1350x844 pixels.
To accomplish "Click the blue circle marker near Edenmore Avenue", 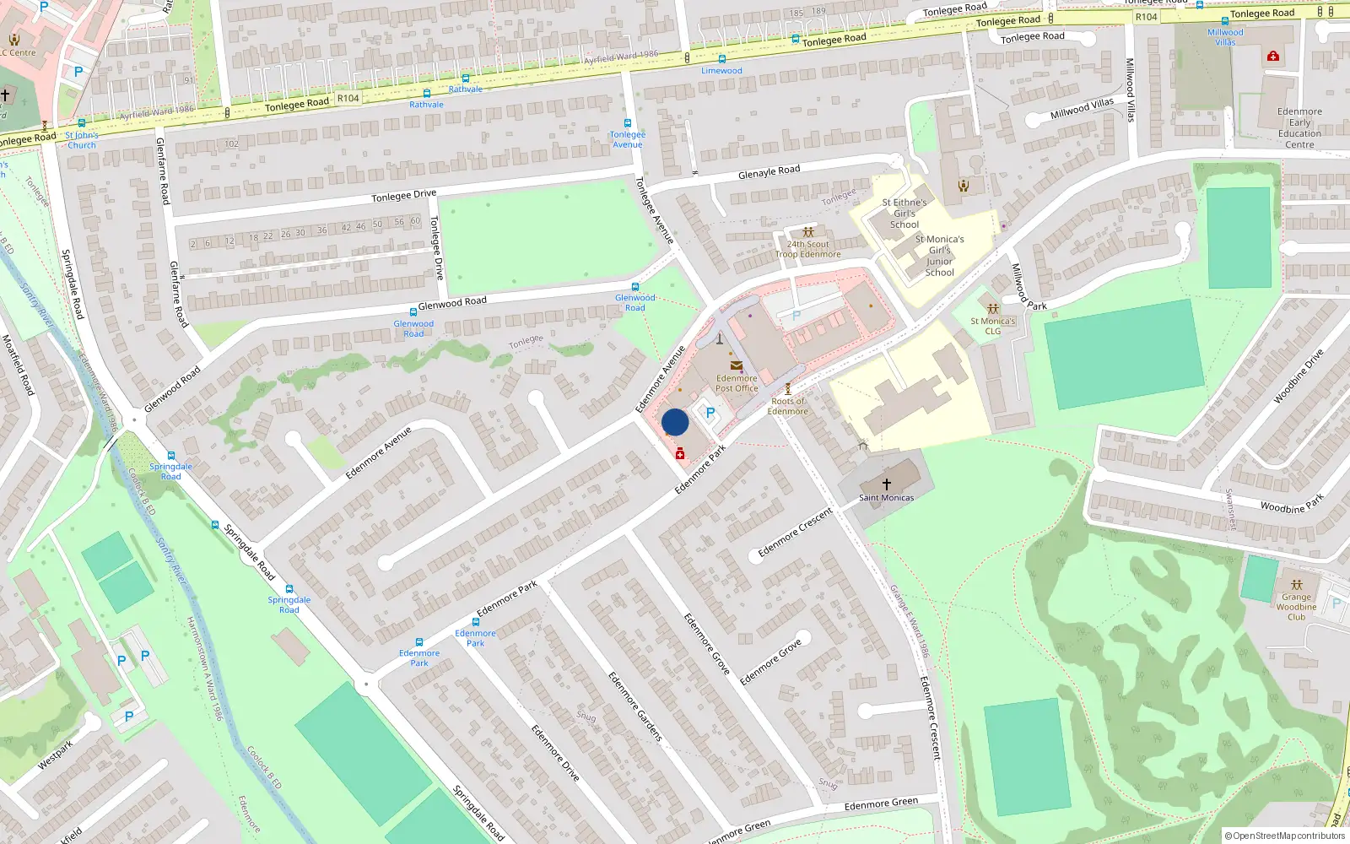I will pyautogui.click(x=675, y=422).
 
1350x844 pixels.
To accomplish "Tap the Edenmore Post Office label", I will pyautogui.click(x=737, y=383).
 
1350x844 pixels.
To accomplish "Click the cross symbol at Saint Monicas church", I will pyautogui.click(x=886, y=484).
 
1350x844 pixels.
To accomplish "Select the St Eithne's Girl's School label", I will pyautogui.click(x=904, y=214).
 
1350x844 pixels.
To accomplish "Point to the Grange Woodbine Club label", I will pyautogui.click(x=1296, y=606).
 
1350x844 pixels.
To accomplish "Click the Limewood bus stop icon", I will pyautogui.click(x=721, y=59).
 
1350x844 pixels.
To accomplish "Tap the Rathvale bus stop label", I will pyautogui.click(x=466, y=89).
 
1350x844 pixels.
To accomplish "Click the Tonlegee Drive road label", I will pyautogui.click(x=404, y=196).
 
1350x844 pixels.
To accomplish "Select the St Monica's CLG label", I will pyautogui.click(x=992, y=326).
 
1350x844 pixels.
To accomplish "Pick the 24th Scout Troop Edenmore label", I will pyautogui.click(x=807, y=249).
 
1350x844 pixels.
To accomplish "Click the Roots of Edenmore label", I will pyautogui.click(x=787, y=406).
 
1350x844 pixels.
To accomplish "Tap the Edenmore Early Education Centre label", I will pyautogui.click(x=1299, y=127).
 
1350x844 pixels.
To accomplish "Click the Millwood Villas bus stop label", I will pyautogui.click(x=1225, y=37).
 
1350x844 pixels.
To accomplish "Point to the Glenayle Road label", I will pyautogui.click(x=769, y=172).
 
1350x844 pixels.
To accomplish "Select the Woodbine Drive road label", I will pyautogui.click(x=1299, y=376).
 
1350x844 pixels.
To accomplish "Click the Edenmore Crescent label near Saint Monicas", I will pyautogui.click(x=795, y=533).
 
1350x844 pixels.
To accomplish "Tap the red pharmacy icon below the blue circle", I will pyautogui.click(x=680, y=455).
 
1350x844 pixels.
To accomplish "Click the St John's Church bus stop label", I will pyautogui.click(x=82, y=140).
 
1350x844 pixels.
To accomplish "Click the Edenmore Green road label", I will pyautogui.click(x=881, y=804).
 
